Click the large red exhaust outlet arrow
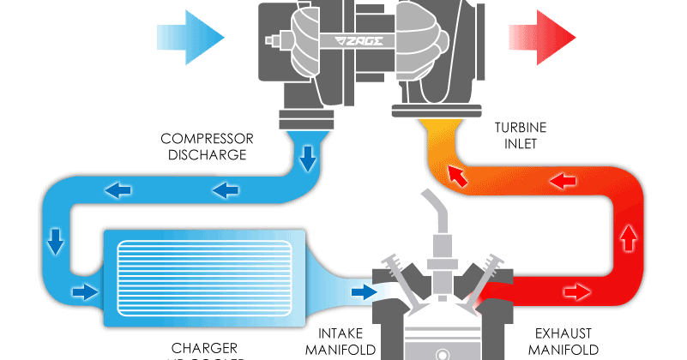point(541,37)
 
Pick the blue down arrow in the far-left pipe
point(56,241)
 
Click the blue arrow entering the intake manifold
point(364,292)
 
